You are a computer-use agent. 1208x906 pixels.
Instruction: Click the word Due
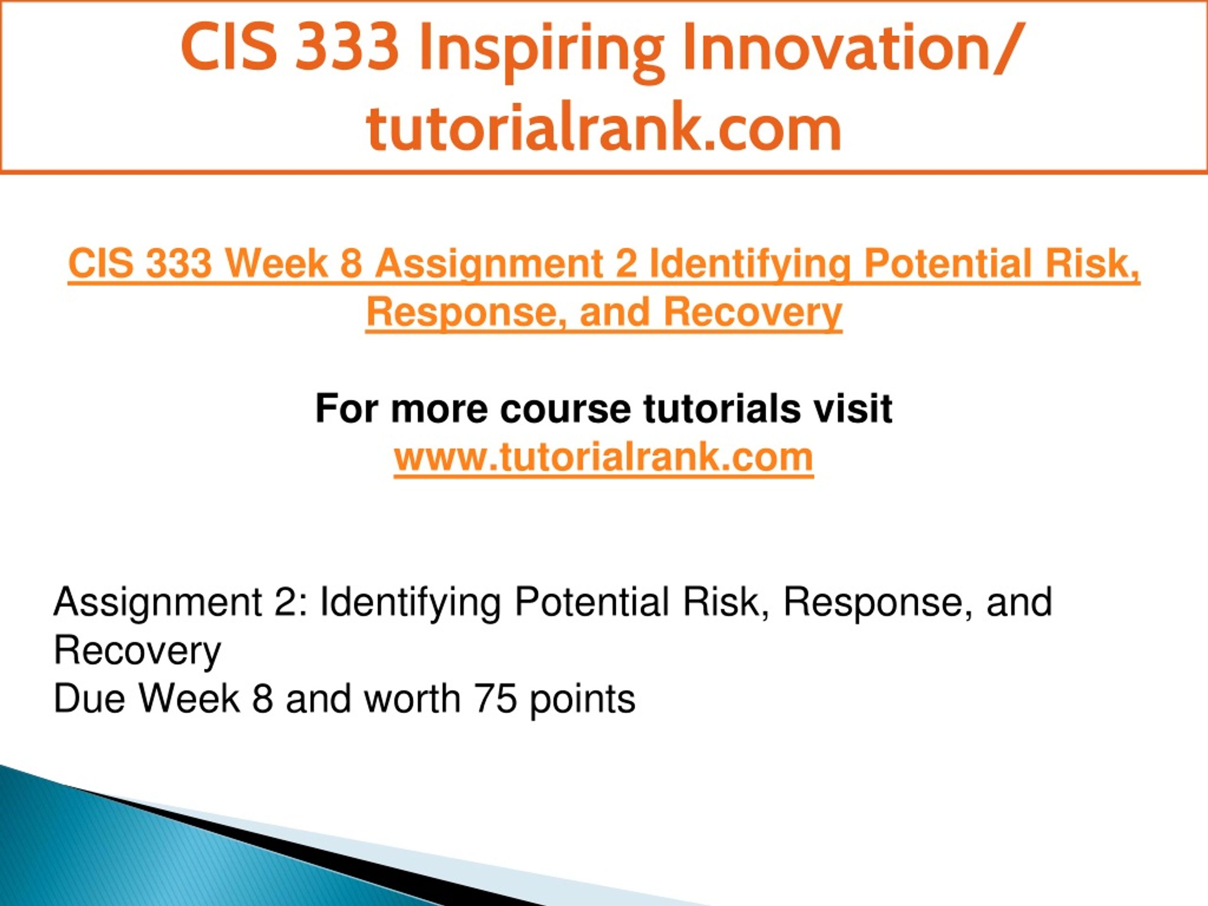point(89,698)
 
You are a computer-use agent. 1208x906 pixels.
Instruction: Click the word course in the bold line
point(565,410)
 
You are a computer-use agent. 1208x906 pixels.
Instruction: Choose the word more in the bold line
point(439,410)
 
